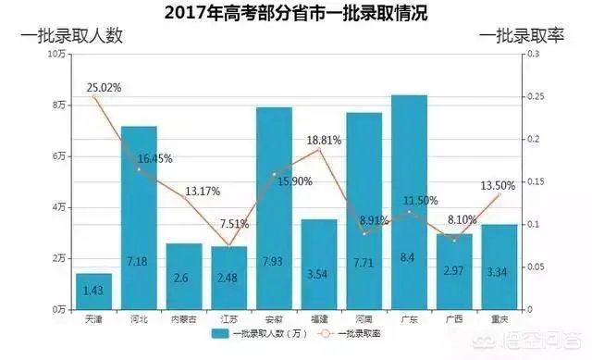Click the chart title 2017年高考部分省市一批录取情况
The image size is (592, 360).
pos(296,13)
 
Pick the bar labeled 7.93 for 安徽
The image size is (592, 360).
pos(274,208)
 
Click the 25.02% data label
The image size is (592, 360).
pos(105,88)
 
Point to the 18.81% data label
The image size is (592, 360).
pos(324,140)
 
